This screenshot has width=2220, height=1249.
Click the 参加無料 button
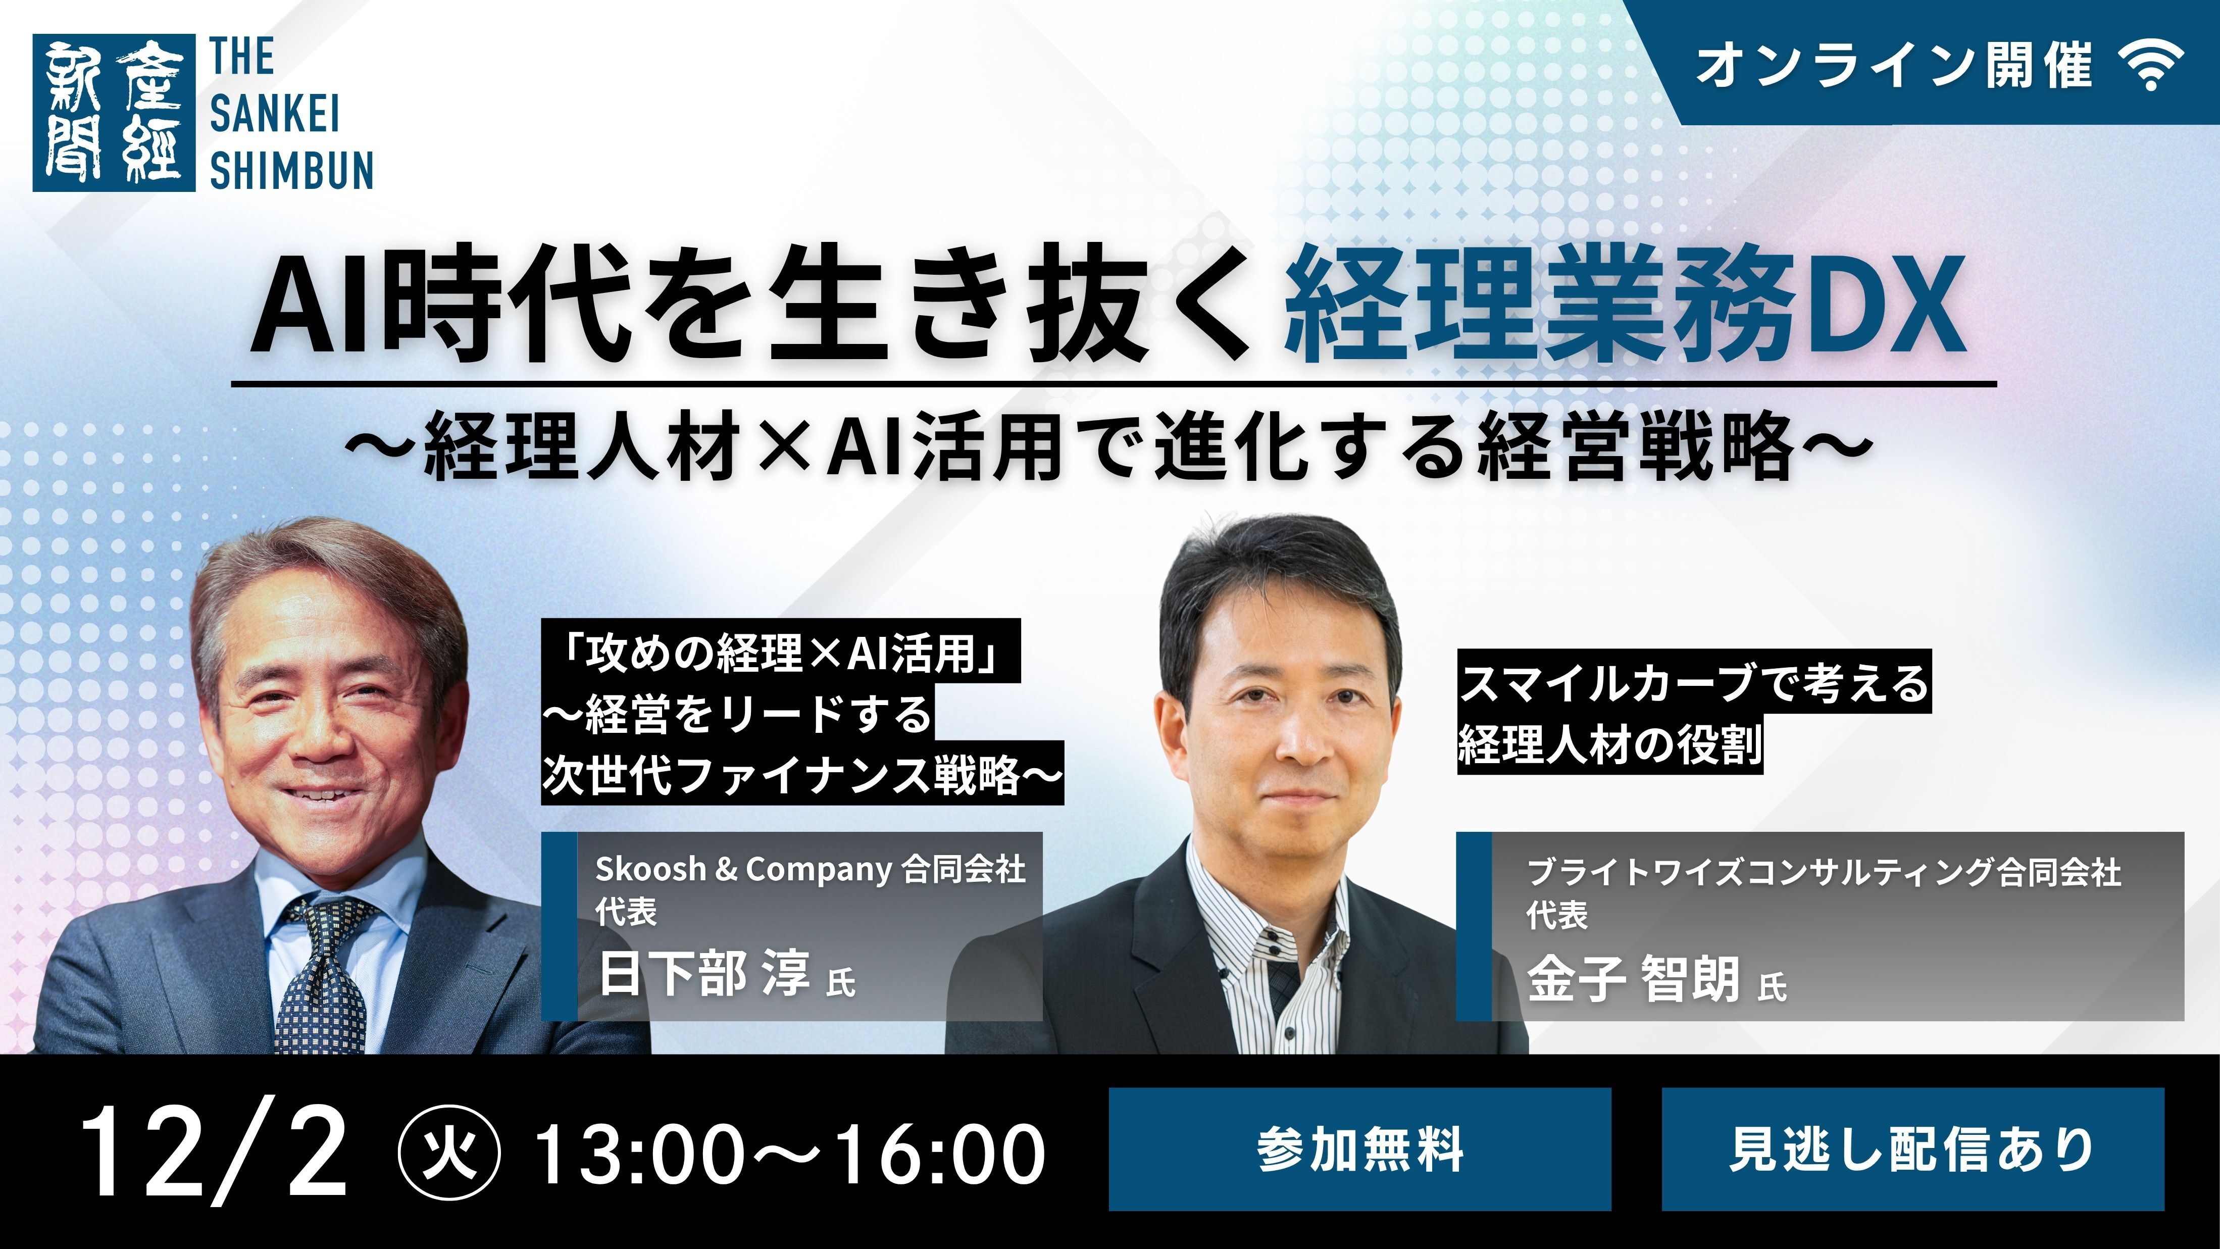[1359, 1149]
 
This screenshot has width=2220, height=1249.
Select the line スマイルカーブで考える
[1693, 683]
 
